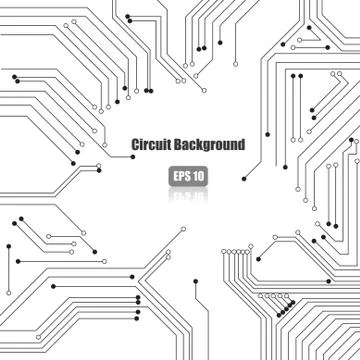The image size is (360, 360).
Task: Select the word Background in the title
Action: coord(209,145)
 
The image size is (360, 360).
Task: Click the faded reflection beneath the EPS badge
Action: coord(188,193)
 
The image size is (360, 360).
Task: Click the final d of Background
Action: coord(241,145)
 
